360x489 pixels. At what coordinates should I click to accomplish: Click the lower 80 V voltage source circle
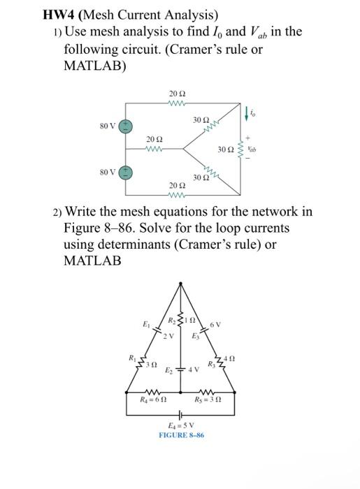pyautogui.click(x=126, y=172)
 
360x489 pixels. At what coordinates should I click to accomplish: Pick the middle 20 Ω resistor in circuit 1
pyautogui.click(x=155, y=149)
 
